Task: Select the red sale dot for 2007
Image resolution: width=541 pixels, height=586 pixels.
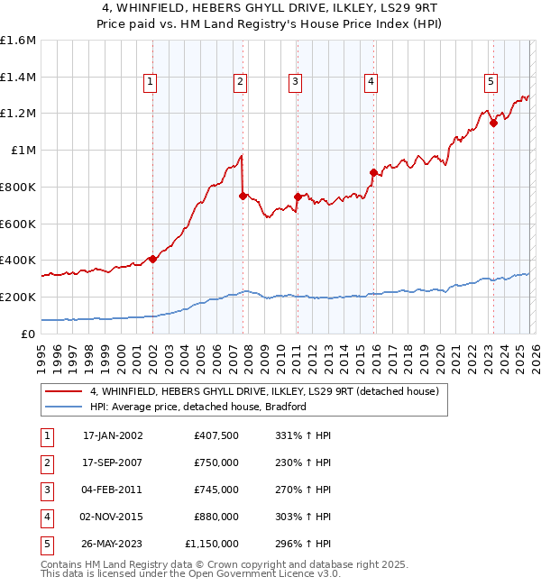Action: coord(243,196)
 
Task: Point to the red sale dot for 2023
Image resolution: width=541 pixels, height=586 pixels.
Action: coord(493,123)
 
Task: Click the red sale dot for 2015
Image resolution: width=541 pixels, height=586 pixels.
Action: coord(373,172)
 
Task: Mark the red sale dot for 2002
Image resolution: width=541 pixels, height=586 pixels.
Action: coord(152,259)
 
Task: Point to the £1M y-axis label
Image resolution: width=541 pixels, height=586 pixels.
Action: coord(23,151)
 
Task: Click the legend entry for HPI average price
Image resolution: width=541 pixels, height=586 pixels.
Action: coord(198,407)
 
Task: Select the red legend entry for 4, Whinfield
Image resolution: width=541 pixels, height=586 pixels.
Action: coord(263,391)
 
